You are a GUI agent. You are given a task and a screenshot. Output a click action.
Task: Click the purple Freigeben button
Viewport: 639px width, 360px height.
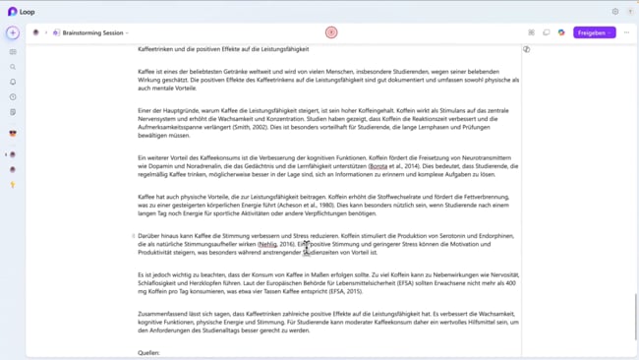(x=593, y=32)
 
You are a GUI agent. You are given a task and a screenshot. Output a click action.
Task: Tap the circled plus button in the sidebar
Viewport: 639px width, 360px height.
(x=13, y=33)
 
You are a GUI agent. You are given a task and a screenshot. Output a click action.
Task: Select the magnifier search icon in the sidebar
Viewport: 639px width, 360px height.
(x=13, y=67)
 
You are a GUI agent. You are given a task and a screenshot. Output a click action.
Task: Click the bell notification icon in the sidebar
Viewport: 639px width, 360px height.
(x=13, y=82)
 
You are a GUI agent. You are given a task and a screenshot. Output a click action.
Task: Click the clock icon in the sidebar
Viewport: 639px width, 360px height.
(x=13, y=97)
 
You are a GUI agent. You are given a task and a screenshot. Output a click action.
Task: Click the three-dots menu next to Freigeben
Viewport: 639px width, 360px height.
(x=626, y=32)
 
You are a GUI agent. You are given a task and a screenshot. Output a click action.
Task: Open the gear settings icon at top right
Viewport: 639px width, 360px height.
(x=615, y=12)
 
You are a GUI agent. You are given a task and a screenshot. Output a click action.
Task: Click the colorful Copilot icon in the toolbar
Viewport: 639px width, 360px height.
(x=561, y=32)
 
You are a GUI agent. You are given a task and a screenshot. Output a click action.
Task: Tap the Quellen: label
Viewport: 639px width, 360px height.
(x=148, y=352)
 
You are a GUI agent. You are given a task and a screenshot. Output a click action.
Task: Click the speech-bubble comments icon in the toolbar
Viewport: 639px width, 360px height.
(x=547, y=32)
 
